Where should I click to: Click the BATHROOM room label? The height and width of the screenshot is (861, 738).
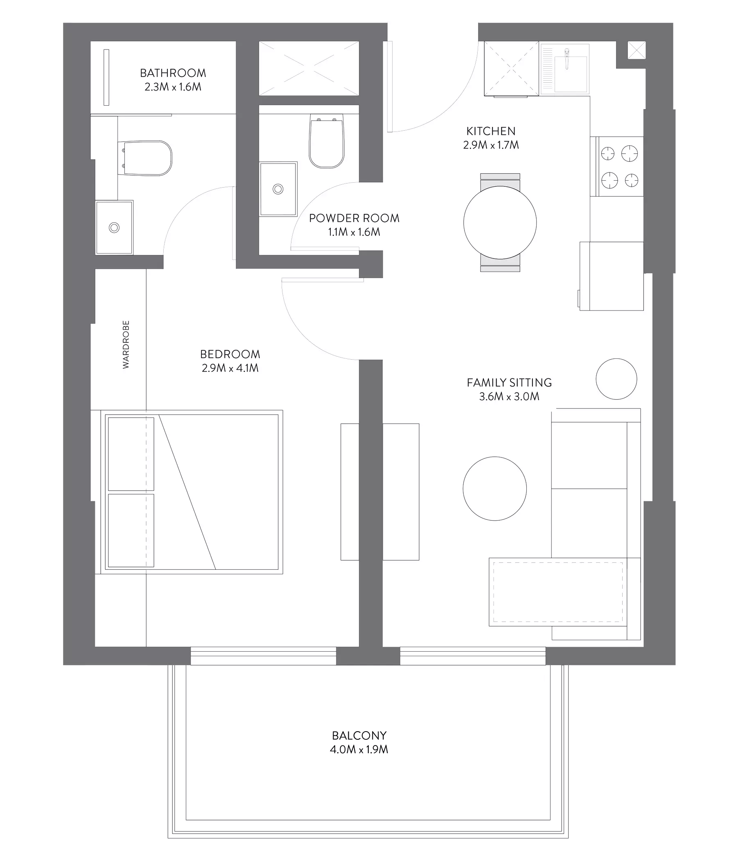(173, 73)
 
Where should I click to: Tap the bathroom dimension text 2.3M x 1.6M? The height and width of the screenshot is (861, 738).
(173, 87)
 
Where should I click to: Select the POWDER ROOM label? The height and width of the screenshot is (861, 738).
(354, 218)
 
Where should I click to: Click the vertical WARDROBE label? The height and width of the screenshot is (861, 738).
(126, 344)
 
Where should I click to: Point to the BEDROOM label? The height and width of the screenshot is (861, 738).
(230, 354)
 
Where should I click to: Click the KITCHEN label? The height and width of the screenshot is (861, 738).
(491, 131)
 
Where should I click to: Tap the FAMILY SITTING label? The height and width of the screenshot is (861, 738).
(509, 383)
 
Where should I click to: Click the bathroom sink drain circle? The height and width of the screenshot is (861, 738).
(114, 227)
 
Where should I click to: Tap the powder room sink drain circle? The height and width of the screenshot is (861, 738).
(278, 189)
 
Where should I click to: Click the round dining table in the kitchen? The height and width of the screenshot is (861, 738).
(500, 222)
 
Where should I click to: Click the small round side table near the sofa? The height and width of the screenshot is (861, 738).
(616, 379)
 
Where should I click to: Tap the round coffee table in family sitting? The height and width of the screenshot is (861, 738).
(494, 489)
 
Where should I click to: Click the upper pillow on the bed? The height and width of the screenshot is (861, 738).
(131, 454)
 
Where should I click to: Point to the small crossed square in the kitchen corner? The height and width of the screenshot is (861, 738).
(636, 50)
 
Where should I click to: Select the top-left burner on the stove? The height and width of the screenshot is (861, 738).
(607, 153)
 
